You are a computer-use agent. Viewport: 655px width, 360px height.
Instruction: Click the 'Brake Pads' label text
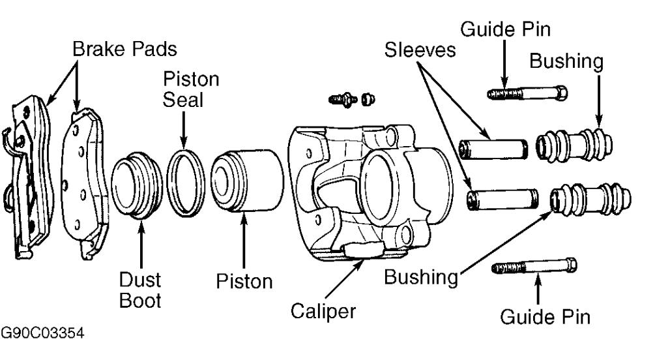click(x=124, y=48)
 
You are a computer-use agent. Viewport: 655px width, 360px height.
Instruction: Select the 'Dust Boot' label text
click(x=141, y=291)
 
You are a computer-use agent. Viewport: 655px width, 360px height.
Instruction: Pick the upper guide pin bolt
click(x=527, y=93)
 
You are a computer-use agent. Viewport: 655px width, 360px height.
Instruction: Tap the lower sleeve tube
click(x=502, y=198)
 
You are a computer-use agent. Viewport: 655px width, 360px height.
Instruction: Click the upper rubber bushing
click(x=574, y=145)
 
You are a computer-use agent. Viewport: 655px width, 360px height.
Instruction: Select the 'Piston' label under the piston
click(x=244, y=281)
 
